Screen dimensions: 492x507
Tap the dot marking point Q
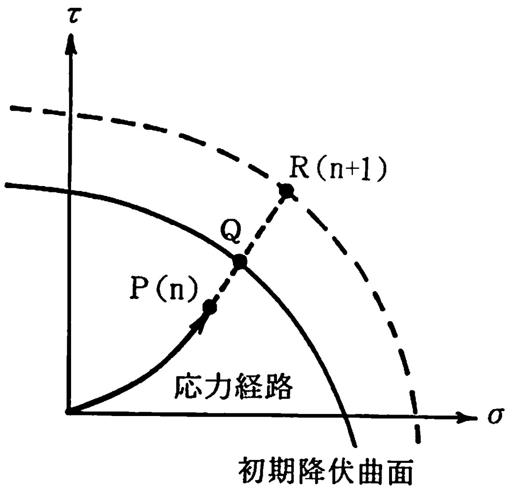click(239, 262)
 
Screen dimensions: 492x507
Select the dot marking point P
click(210, 307)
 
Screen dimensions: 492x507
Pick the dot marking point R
click(285, 190)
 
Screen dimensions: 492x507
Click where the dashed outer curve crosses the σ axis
click(415, 416)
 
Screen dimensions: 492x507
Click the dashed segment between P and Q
click(225, 285)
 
